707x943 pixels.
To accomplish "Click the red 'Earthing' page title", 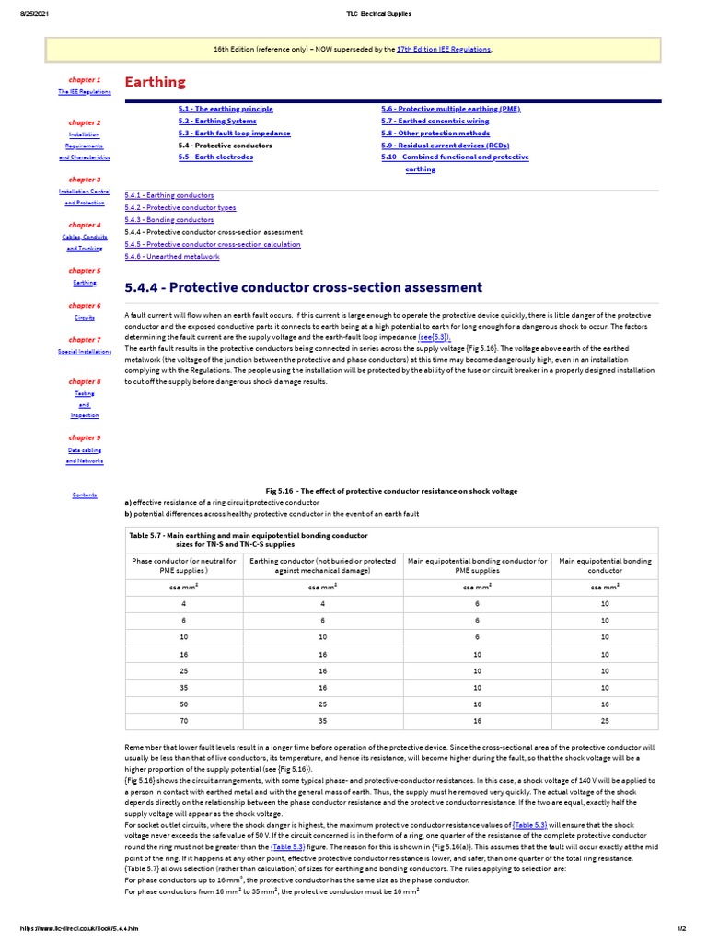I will tap(155, 82).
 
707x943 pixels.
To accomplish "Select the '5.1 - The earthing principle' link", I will tap(226, 109).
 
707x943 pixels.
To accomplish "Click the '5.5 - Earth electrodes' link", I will tap(215, 157).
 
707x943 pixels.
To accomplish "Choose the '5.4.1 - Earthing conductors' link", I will tap(169, 195).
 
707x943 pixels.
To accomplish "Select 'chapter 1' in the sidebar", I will tap(85, 80).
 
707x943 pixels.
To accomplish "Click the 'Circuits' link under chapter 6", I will tap(85, 318).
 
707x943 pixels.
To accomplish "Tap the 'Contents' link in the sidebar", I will tap(85, 495).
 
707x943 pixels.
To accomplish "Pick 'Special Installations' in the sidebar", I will tap(85, 352).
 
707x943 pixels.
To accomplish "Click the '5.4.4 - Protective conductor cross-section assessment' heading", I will tap(303, 287).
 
